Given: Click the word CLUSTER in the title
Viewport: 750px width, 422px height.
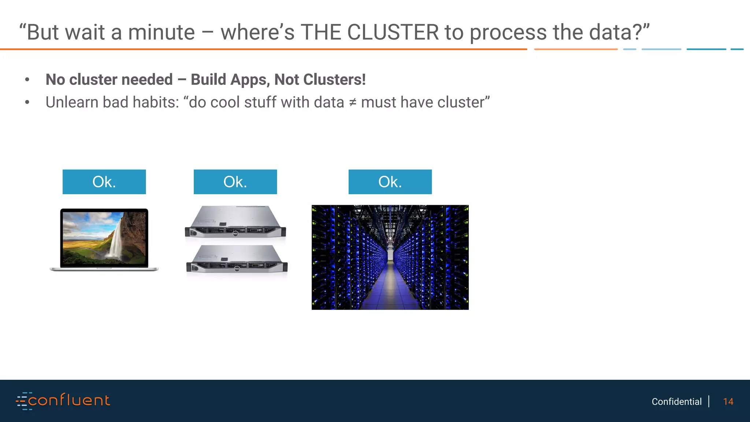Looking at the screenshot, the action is coord(393,32).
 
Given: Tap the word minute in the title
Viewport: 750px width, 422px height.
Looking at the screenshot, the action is coord(161,32).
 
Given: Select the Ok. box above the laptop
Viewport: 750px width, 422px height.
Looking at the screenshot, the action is coord(104,182).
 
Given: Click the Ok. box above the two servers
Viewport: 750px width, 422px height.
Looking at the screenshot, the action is coord(235,182).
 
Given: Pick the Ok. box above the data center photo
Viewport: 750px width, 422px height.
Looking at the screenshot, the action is coord(390,182).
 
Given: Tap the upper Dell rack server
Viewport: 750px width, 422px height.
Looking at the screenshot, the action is coord(235,222).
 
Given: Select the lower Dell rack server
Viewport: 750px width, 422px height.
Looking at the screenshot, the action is coord(237,260).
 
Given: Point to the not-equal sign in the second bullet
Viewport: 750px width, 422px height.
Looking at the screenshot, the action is coord(353,103).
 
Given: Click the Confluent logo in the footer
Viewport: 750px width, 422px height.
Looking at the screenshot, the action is coord(63,401).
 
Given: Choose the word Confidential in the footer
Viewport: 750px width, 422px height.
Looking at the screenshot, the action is coord(676,401).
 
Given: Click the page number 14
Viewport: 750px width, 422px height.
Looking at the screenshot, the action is coord(728,401).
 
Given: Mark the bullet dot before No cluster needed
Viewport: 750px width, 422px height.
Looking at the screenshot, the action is coord(27,80).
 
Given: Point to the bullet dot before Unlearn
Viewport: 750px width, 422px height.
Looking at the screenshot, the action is coord(27,103).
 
